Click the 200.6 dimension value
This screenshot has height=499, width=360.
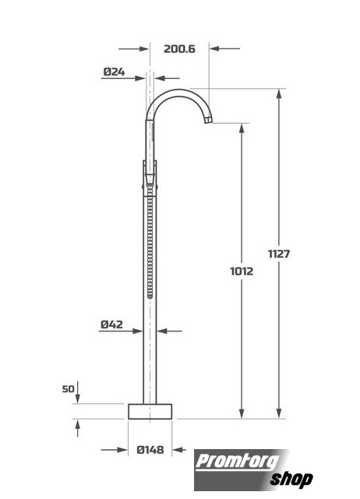[x=179, y=49]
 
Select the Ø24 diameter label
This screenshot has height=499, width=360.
[x=115, y=72]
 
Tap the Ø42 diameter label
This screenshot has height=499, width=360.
[x=111, y=324]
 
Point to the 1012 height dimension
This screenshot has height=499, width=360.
[x=242, y=271]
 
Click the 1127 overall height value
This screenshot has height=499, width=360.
[x=279, y=253]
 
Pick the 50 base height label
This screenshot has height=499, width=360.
[x=68, y=388]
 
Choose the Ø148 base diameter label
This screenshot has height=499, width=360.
[x=150, y=450]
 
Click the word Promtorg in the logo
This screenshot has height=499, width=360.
[x=237, y=462]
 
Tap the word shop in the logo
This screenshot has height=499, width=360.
[x=291, y=480]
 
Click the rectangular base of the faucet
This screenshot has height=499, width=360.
[x=150, y=412]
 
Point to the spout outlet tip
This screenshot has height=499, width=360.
[x=208, y=120]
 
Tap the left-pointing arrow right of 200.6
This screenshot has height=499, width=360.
[x=224, y=48]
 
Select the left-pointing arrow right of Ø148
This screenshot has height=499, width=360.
[x=179, y=450]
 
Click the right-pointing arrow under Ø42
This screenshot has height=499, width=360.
[x=121, y=331]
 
